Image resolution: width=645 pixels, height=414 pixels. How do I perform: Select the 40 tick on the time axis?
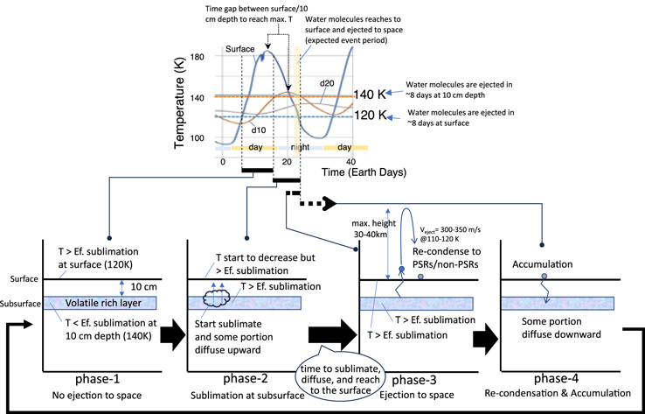pyautogui.click(x=352, y=162)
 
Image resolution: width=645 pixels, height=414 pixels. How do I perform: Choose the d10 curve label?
pyautogui.click(x=259, y=130)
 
